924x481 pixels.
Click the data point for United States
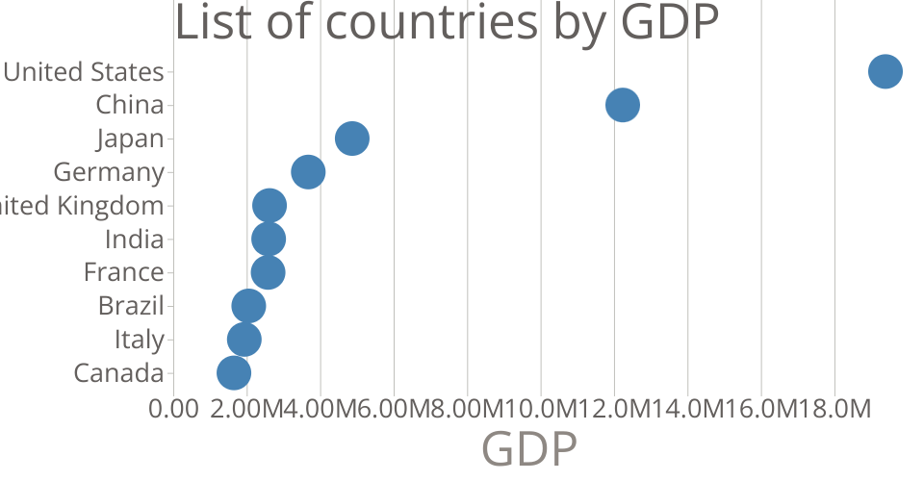(885, 71)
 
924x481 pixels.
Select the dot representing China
(623, 105)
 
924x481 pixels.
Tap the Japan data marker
(352, 139)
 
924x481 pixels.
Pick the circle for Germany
(308, 172)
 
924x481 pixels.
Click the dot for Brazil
(248, 306)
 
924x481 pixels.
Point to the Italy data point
(244, 340)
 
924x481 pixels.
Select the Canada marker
(234, 373)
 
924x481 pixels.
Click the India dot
(269, 240)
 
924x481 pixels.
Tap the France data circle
(268, 272)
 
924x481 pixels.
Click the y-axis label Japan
(130, 139)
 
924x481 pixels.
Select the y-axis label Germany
(109, 172)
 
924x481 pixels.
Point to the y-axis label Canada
(118, 373)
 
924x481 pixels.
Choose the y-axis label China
(130, 105)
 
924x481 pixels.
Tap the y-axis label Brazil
(131, 306)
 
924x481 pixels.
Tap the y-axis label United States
(85, 71)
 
